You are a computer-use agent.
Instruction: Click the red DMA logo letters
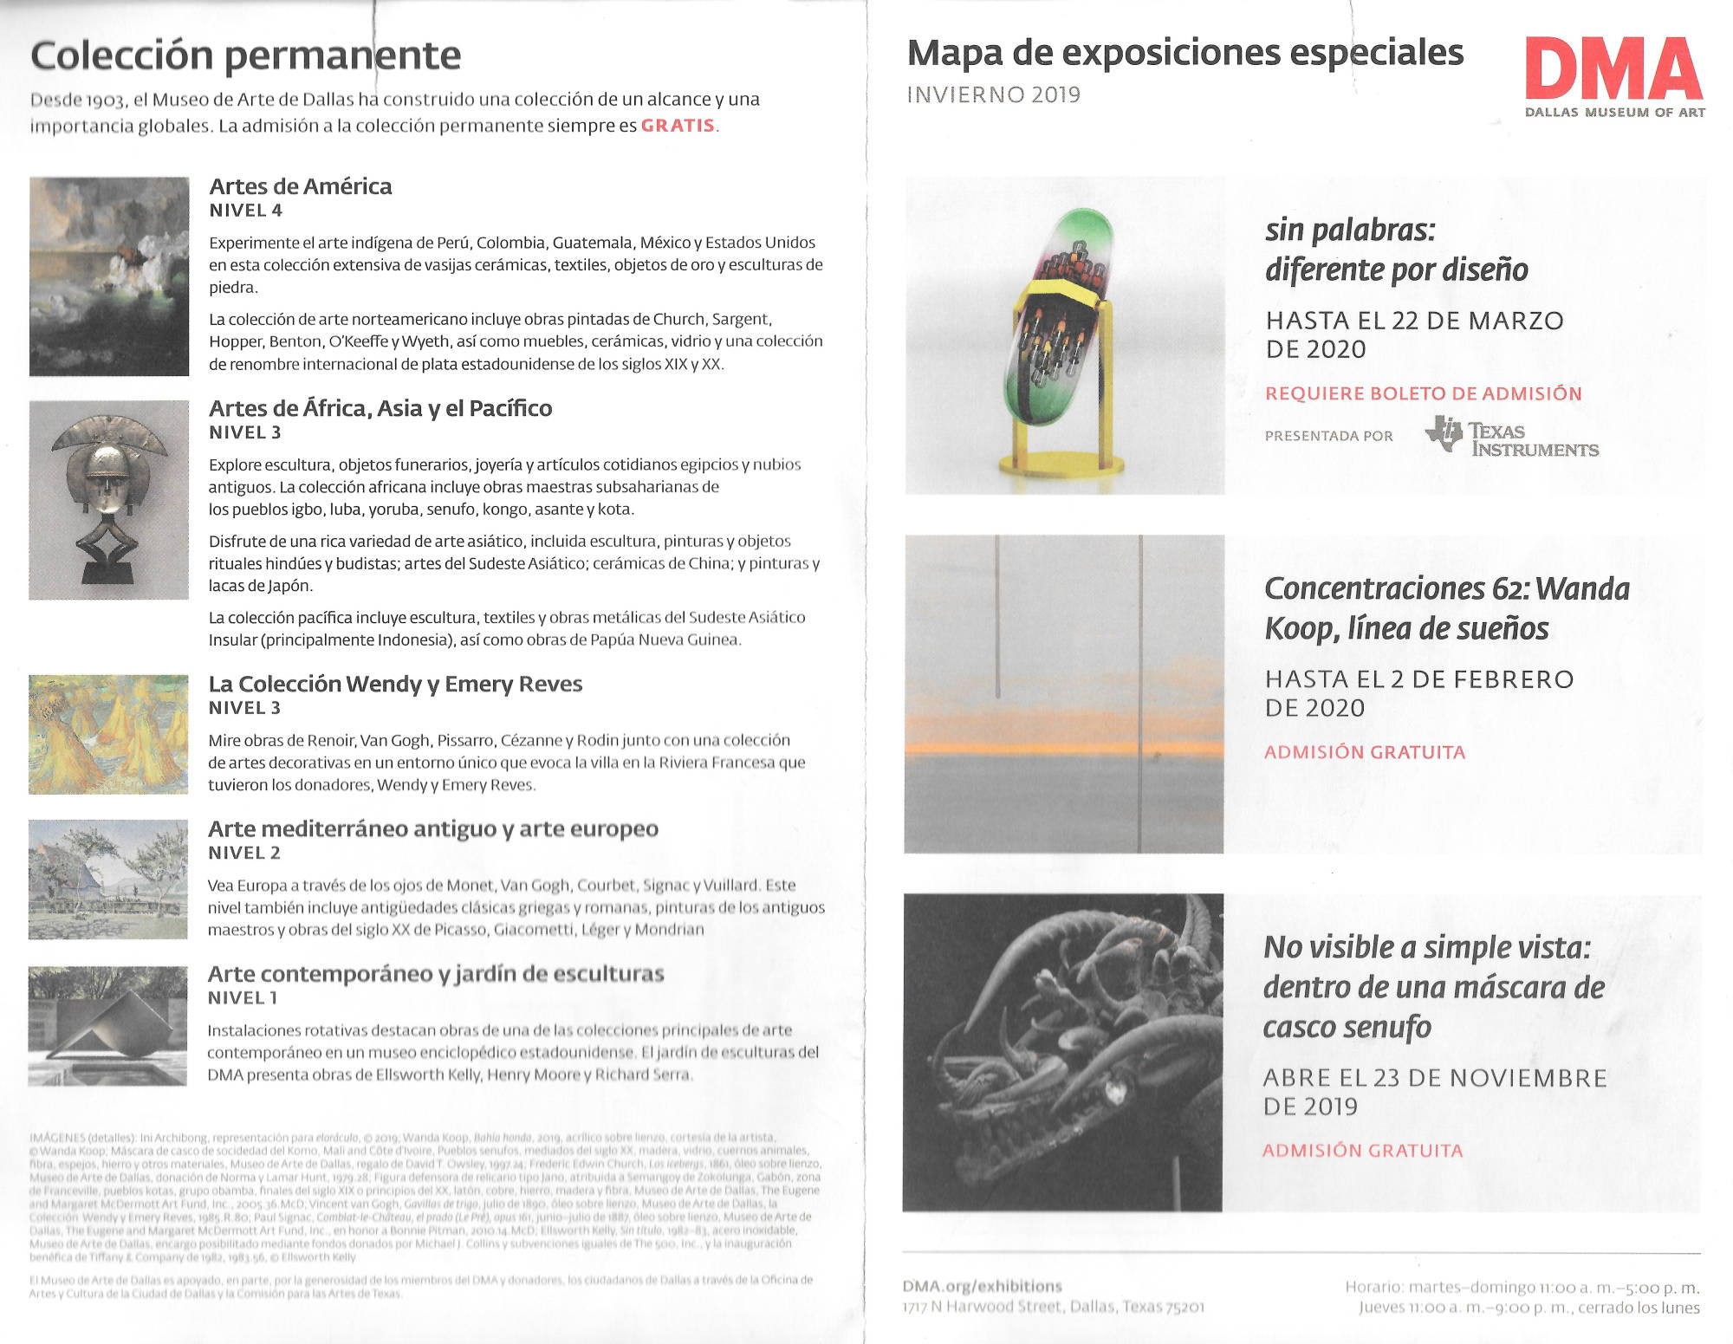(x=1613, y=68)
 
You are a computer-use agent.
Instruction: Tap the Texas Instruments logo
(x=1512, y=437)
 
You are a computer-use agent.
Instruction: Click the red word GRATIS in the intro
(x=678, y=126)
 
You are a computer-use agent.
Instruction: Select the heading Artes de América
(x=301, y=186)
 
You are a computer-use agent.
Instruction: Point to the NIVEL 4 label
(x=246, y=211)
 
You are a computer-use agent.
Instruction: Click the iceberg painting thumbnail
(x=109, y=276)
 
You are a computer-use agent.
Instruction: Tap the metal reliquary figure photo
(x=109, y=500)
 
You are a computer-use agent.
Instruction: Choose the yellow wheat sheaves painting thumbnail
(x=108, y=735)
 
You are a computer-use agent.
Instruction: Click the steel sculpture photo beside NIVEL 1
(x=107, y=1026)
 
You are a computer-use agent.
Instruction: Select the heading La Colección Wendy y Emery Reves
(x=395, y=684)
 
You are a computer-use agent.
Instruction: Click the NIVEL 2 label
(x=244, y=853)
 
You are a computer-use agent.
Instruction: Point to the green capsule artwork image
(x=1064, y=335)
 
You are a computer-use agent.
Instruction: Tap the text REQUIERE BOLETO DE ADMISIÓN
(x=1423, y=393)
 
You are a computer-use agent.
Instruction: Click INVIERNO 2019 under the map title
(x=993, y=94)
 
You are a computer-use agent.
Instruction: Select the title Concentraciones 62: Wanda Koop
(x=1446, y=608)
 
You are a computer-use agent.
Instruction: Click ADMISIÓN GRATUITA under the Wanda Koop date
(x=1365, y=752)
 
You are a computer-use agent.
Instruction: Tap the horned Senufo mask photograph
(x=1062, y=1052)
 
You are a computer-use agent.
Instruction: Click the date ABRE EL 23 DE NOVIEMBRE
(x=1435, y=1078)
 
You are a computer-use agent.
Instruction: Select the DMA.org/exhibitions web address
(x=982, y=1286)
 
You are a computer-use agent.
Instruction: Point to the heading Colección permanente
(x=246, y=55)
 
